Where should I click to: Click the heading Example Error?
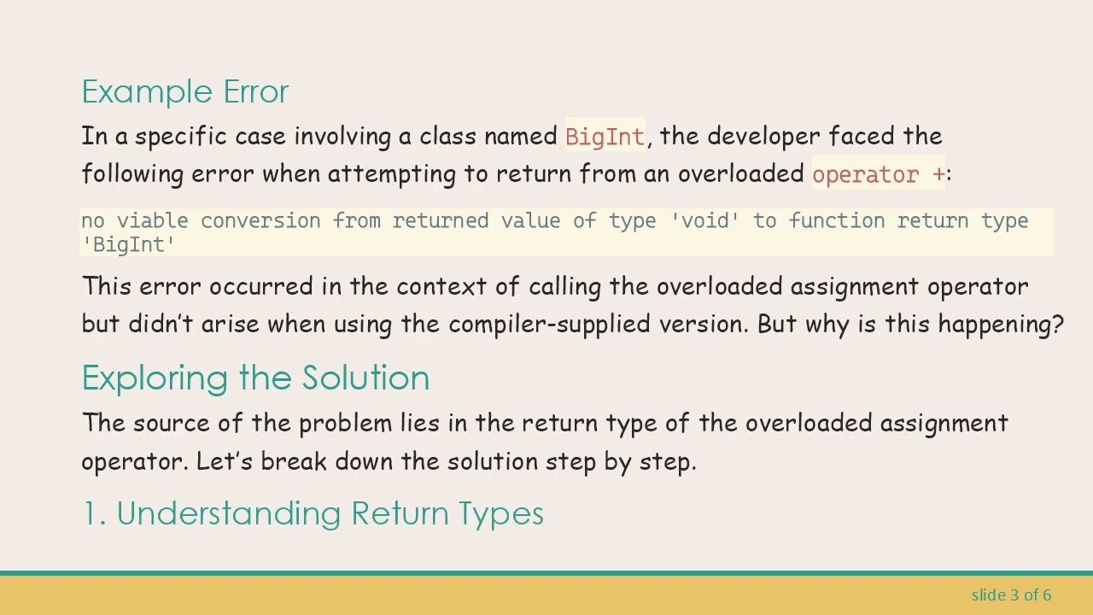(x=184, y=91)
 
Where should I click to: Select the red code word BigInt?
(x=605, y=137)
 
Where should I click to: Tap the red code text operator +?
(x=879, y=174)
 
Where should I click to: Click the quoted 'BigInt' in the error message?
(x=128, y=244)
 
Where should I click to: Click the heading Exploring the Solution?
(x=255, y=378)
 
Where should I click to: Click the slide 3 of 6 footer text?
(x=1011, y=594)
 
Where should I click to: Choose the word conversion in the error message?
(x=260, y=221)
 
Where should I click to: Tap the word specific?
(x=181, y=137)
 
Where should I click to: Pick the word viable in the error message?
(x=152, y=221)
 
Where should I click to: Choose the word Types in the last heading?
(x=500, y=513)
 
